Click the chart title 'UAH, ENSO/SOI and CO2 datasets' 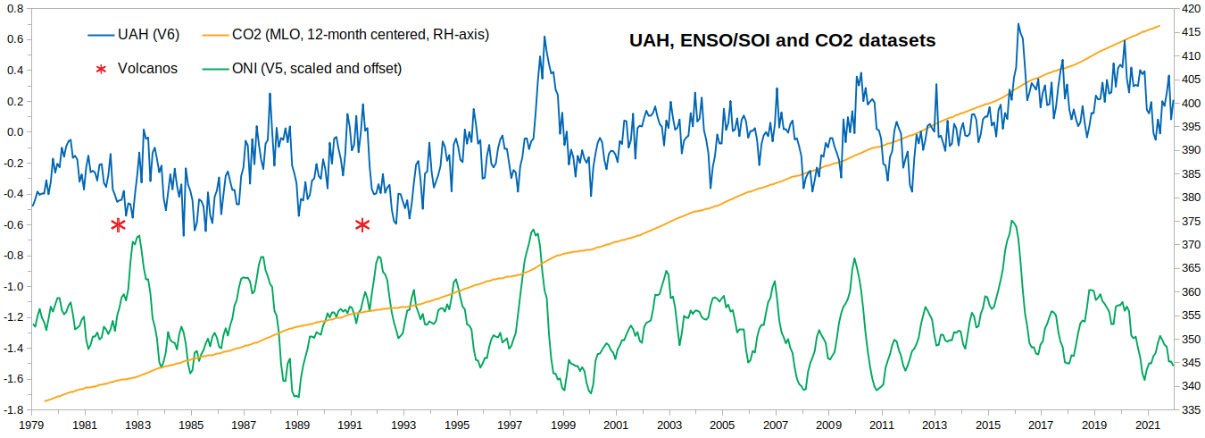tap(781, 40)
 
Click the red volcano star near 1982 tap(118, 224)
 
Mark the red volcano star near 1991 tap(362, 224)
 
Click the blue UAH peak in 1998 tap(544, 36)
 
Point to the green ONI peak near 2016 tap(1011, 221)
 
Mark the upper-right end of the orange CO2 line tap(1159, 26)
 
